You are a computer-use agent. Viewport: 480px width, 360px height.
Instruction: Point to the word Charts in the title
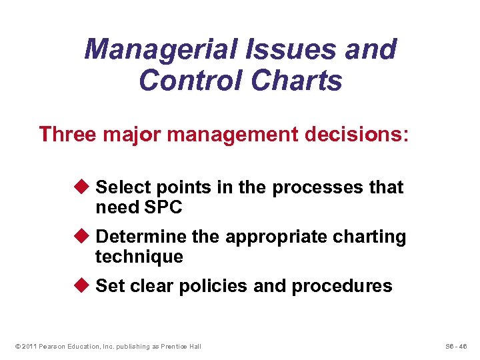coord(297,81)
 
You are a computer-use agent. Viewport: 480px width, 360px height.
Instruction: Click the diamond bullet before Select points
coord(84,187)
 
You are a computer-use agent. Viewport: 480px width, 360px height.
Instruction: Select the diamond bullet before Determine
coord(84,237)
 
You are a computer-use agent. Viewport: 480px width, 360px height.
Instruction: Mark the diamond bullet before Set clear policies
coord(84,286)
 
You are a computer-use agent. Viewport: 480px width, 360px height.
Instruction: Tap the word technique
coord(139,257)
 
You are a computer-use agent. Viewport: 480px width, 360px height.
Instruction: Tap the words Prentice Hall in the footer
coord(182,346)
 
